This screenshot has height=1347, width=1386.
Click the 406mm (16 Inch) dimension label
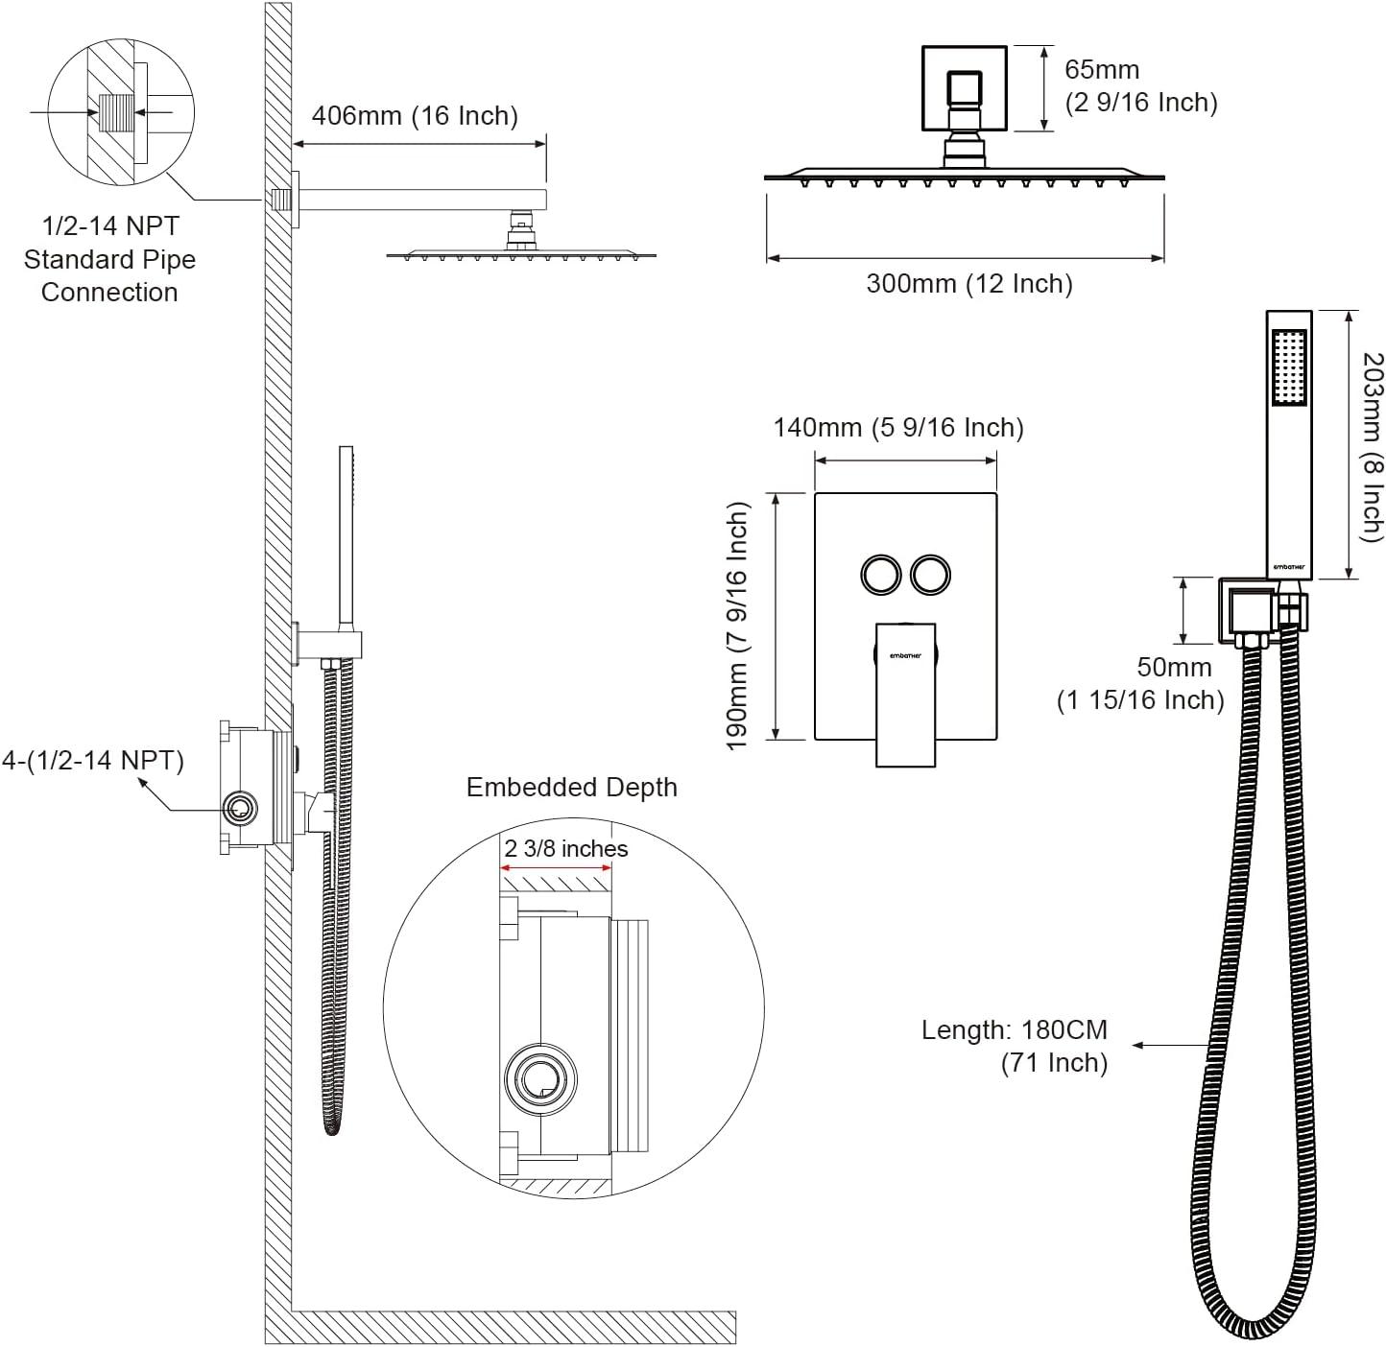(415, 116)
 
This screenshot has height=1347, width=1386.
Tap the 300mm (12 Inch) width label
(968, 284)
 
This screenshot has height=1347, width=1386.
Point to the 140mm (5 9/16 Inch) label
(898, 428)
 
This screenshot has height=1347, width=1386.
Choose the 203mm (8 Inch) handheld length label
(1373, 445)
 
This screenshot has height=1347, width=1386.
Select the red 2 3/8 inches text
(566, 849)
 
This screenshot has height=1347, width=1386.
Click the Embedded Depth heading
(571, 788)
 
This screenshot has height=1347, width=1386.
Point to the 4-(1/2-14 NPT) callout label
(92, 761)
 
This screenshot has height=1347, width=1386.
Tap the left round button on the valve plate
(879, 575)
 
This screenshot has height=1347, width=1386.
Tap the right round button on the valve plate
(931, 575)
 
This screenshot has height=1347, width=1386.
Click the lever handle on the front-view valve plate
(905, 696)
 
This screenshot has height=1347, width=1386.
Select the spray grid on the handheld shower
(1288, 367)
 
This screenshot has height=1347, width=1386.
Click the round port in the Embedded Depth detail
(540, 1078)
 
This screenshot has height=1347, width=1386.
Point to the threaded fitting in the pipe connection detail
(114, 113)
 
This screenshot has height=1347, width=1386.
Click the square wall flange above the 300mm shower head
(964, 88)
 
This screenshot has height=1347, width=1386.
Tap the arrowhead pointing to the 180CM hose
(1137, 1045)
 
